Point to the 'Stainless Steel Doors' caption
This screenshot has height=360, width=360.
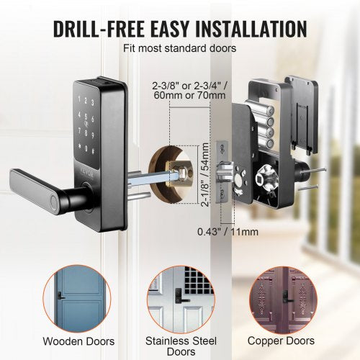click(180, 345)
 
